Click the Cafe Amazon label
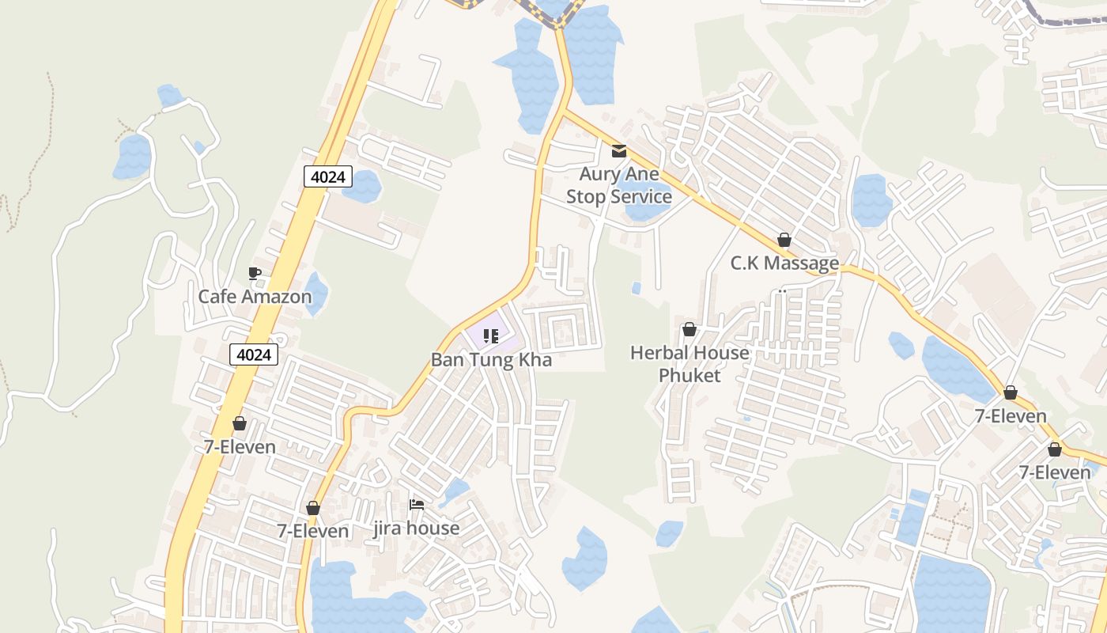click(x=255, y=297)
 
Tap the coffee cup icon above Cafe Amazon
click(x=255, y=274)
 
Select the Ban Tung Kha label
click(x=491, y=360)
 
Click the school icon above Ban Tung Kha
click(x=491, y=336)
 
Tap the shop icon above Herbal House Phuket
click(x=690, y=329)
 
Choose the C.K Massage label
click(x=784, y=263)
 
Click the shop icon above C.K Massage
click(x=784, y=240)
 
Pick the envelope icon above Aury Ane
click(x=619, y=151)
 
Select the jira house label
click(x=416, y=528)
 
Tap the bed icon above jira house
click(x=417, y=505)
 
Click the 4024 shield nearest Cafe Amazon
click(x=254, y=355)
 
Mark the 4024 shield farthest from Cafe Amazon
click(x=327, y=176)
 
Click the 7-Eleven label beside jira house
click(x=313, y=531)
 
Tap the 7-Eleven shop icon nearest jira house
click(x=313, y=508)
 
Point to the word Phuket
click(x=690, y=375)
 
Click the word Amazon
click(x=278, y=297)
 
